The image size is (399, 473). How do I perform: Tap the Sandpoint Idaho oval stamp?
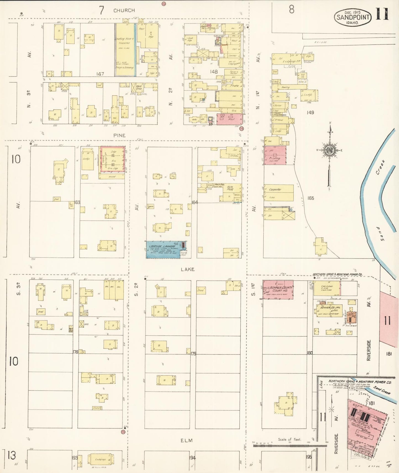pyautogui.click(x=353, y=17)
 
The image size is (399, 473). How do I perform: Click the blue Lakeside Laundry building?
pyautogui.click(x=163, y=249)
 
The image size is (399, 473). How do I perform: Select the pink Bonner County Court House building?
pyautogui.click(x=278, y=289)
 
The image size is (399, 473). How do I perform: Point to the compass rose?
pyautogui.click(x=330, y=150)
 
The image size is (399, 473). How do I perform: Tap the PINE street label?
pyautogui.click(x=119, y=135)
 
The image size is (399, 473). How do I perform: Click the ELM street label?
pyautogui.click(x=187, y=440)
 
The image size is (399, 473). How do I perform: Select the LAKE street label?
pyautogui.click(x=188, y=269)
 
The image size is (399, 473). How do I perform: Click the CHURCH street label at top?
pyautogui.click(x=124, y=10)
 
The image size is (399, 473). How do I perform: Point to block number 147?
pyautogui.click(x=100, y=74)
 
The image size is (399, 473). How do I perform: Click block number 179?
pyautogui.click(x=193, y=354)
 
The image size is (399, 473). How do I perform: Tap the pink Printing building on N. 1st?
pyautogui.click(x=275, y=155)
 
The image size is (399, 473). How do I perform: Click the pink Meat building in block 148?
pyautogui.click(x=230, y=119)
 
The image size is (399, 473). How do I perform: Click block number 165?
pyautogui.click(x=311, y=198)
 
